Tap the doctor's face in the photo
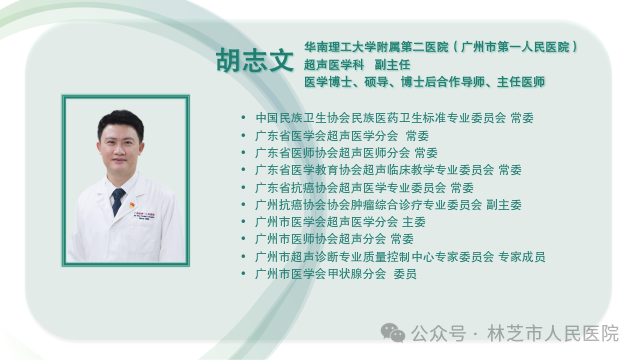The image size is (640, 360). coord(120,147)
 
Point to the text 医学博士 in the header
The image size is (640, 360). coord(328,82)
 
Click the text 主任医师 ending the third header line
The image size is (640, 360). coord(520,82)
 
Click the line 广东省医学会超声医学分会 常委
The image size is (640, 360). coord(342,135)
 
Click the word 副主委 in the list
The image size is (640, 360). coord(503,205)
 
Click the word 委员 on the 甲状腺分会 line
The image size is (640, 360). coord(405,274)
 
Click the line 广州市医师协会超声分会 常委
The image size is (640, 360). coord(334,240)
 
